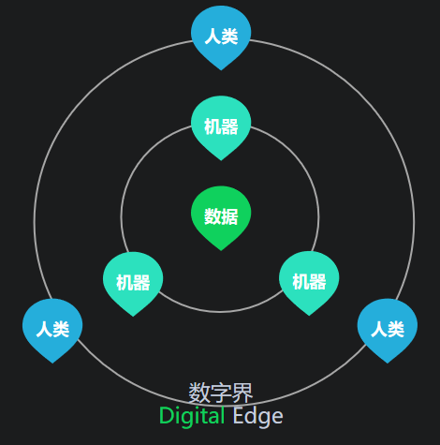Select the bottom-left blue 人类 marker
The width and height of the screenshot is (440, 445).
point(52,331)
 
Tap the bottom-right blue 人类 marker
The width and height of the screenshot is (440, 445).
point(388,331)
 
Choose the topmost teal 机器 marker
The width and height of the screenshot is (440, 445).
point(221,127)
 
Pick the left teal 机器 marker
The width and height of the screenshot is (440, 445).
point(133,284)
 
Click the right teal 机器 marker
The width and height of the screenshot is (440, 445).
point(309,283)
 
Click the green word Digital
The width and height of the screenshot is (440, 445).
point(192,416)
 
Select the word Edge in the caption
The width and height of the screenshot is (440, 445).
point(257,417)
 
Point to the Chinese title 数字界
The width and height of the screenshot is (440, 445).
point(221,393)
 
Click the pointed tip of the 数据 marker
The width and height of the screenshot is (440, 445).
point(221,250)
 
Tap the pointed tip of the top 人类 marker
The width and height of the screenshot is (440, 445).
point(221,70)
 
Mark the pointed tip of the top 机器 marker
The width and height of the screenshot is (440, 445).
point(221,160)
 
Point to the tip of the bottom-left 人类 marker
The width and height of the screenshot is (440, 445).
point(52,363)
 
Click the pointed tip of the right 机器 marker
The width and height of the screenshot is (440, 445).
point(309,316)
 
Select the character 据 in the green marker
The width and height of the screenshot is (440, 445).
point(230,216)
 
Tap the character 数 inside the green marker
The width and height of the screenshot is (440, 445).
point(213,216)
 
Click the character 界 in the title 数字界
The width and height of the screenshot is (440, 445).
point(242,393)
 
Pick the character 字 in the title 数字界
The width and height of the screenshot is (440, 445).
point(221,393)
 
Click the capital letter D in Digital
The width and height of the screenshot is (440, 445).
point(166,416)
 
